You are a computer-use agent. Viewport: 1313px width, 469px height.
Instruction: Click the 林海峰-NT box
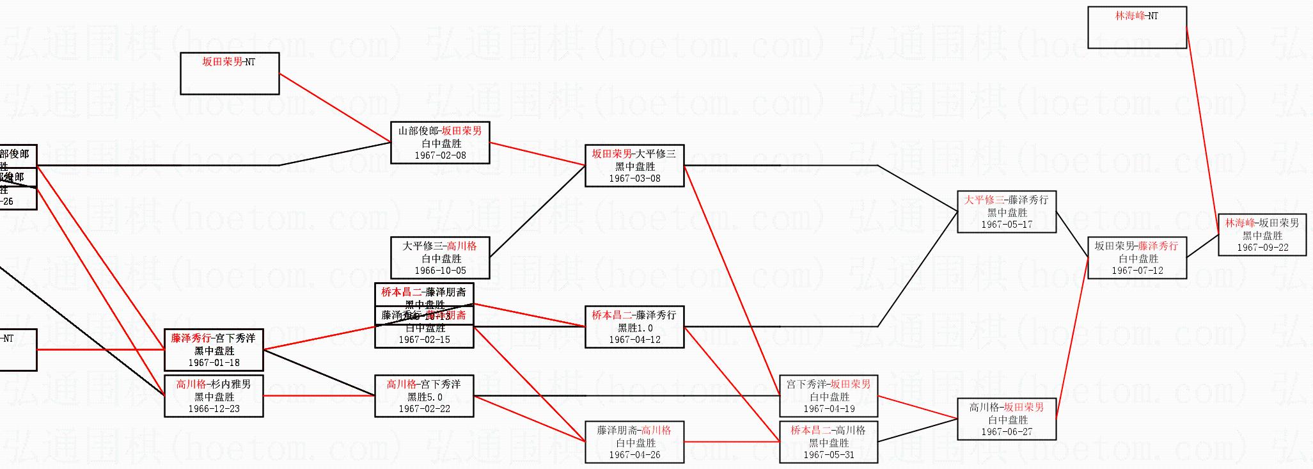[x=1136, y=27]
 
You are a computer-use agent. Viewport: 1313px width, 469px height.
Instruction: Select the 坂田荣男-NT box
[x=230, y=73]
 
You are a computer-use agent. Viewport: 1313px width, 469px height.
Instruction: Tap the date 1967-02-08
[x=440, y=155]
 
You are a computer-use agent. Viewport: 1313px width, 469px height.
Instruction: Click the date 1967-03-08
[x=634, y=179]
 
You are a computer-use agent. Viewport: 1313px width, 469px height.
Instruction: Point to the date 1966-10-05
[x=440, y=271]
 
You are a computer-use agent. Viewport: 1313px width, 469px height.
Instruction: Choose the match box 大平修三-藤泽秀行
[x=1006, y=212]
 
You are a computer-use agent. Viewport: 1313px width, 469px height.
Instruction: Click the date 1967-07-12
[x=1137, y=271]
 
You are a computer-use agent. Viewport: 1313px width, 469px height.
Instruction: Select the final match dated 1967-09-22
[x=1262, y=235]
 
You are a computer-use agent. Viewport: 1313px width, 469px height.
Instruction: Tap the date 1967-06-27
[x=1007, y=432]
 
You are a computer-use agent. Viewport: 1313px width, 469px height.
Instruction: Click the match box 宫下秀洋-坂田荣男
[x=828, y=396]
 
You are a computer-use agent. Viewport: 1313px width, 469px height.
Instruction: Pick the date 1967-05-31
[x=829, y=455]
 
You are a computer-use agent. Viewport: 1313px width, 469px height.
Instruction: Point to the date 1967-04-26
[x=634, y=455]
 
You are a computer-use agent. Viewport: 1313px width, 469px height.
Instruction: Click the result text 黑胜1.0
[x=634, y=328]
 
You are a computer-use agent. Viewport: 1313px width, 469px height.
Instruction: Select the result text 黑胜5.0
[x=425, y=397]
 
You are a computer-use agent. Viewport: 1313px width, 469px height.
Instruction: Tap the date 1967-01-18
[x=214, y=363]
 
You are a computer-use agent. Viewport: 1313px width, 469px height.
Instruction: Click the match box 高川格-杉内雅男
[x=214, y=396]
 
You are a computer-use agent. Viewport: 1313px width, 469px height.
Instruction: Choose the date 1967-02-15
[x=424, y=340]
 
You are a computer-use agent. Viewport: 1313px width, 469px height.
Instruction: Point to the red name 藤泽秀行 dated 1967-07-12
[x=1158, y=246]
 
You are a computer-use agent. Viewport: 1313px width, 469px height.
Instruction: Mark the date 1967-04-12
[x=634, y=340]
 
